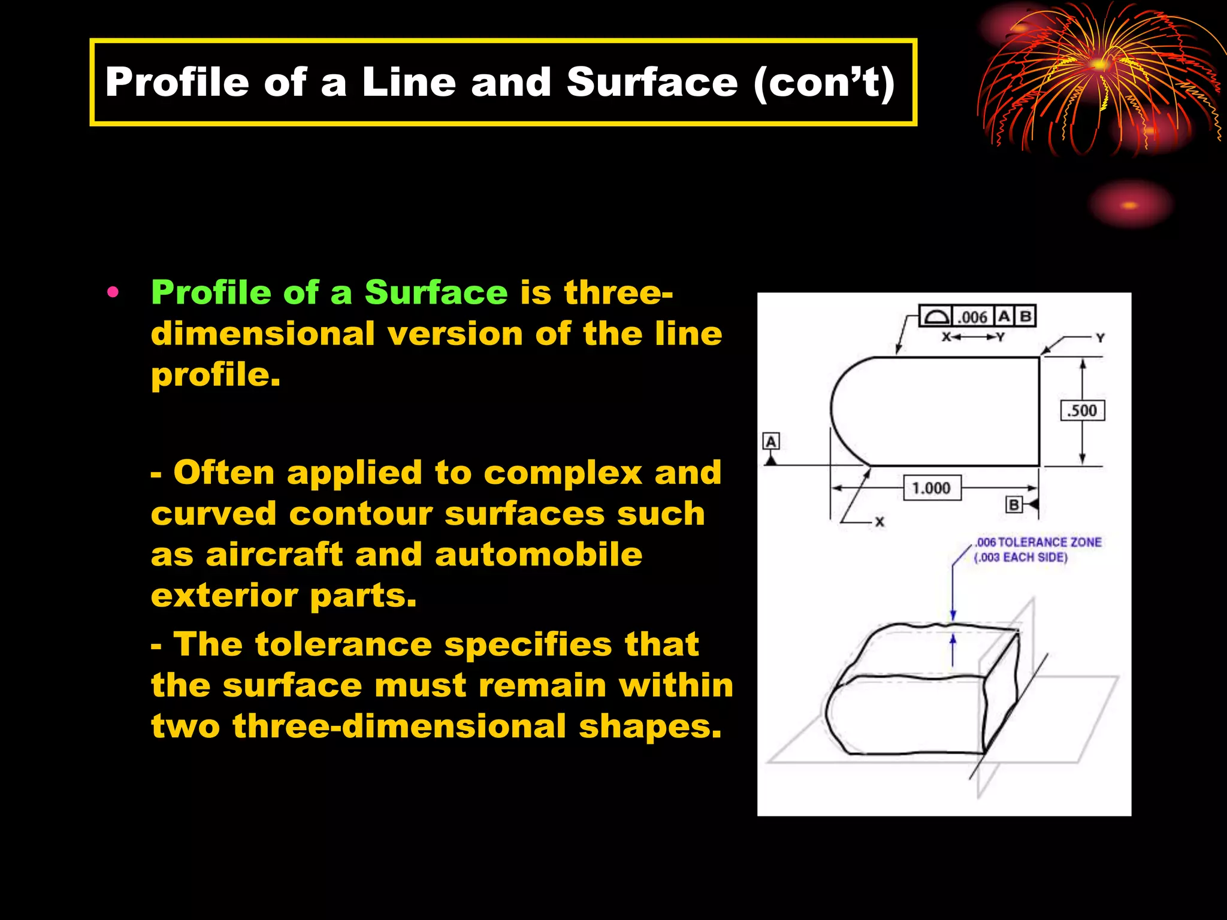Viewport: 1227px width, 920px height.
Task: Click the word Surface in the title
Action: click(652, 82)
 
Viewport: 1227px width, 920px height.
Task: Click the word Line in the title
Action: click(409, 82)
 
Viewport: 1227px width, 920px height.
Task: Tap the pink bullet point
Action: click(113, 293)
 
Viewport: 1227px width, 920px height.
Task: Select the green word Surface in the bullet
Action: click(436, 293)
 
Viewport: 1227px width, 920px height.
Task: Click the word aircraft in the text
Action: click(274, 555)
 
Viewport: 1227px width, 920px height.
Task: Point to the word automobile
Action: click(539, 555)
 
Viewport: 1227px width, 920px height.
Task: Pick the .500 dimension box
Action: click(1082, 411)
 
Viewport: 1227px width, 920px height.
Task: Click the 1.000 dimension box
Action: click(931, 488)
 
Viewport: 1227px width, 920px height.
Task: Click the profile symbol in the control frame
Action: click(936, 316)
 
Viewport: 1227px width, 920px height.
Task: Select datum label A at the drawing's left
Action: click(771, 442)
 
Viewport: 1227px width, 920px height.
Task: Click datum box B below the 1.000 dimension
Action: click(1013, 505)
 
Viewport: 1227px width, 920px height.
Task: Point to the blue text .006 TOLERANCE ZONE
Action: click(1038, 542)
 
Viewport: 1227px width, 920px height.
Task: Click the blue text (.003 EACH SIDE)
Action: click(1021, 558)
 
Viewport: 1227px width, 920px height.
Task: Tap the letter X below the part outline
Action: click(880, 522)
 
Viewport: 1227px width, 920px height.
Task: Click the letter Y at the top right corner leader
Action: click(1100, 338)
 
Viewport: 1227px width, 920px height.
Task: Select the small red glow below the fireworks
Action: click(1129, 205)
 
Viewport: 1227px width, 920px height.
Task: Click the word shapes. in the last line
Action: click(650, 726)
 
